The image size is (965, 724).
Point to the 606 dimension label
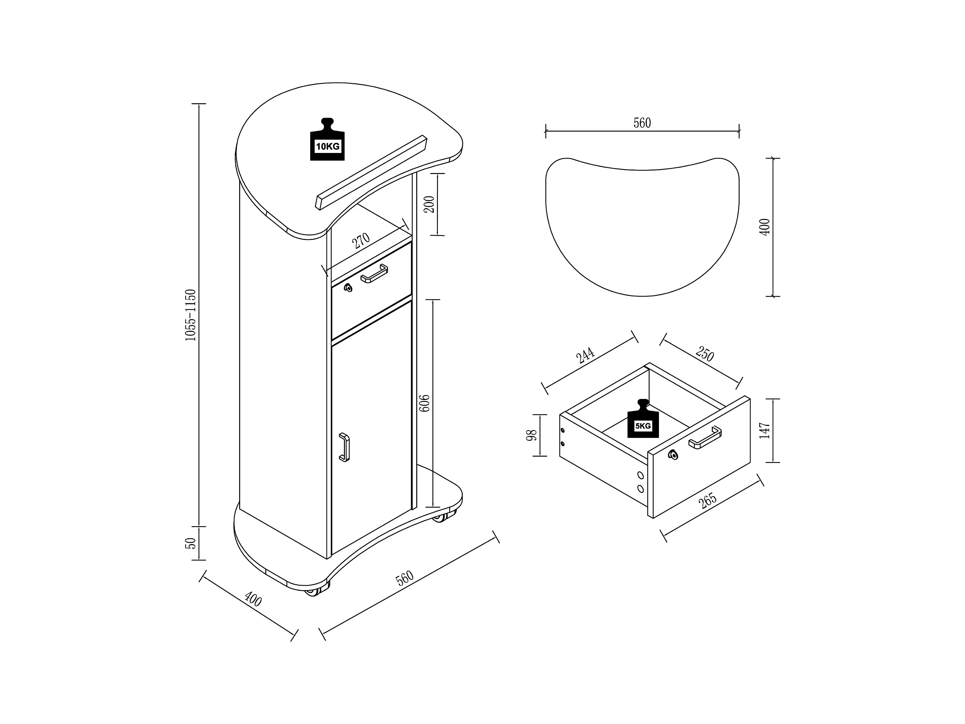(424, 403)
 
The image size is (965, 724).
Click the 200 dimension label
(429, 204)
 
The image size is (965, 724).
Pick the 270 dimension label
(361, 241)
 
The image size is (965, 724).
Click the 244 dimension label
(585, 355)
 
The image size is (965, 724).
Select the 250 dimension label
(704, 353)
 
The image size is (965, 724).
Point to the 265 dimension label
(708, 501)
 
